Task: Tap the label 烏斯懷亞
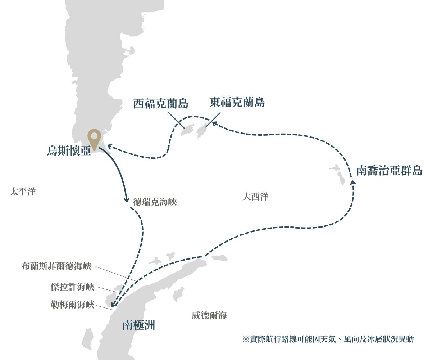(x=69, y=150)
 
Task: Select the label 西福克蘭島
(x=161, y=103)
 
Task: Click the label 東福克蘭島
(x=237, y=102)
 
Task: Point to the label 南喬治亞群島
(x=389, y=170)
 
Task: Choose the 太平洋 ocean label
(x=22, y=191)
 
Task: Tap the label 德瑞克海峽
(x=155, y=202)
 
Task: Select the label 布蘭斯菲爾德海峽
(x=56, y=266)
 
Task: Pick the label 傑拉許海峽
(x=72, y=287)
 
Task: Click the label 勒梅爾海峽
(x=72, y=305)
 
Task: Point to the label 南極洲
(x=138, y=325)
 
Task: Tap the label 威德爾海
(x=209, y=316)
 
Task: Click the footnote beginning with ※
(x=328, y=339)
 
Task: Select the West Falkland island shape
(x=187, y=131)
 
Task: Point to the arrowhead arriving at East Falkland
(x=213, y=123)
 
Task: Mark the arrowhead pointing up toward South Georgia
(x=353, y=182)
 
